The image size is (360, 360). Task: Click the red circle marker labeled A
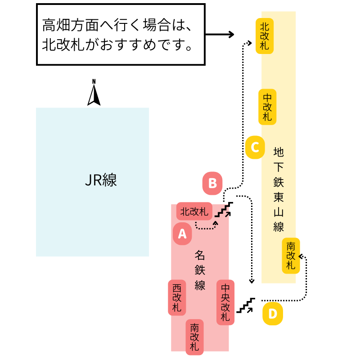pos(182,234)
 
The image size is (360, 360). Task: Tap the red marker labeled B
pos(213,183)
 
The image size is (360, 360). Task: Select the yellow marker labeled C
pos(255,147)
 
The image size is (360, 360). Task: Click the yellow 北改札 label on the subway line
pos(265,36)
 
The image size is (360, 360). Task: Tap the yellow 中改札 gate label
pos(267,107)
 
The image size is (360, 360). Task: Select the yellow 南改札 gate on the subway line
pos(291,256)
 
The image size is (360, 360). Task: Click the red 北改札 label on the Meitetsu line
pos(194,211)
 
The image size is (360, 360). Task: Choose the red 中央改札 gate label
pos(225,302)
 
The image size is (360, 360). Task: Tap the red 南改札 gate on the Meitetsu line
pos(195,337)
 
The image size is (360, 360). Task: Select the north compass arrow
pos(94,93)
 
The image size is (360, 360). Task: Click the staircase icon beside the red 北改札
pos(225,209)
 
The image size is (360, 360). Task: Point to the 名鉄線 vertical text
pos(200,270)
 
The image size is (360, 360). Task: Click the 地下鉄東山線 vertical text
pos(279,189)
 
